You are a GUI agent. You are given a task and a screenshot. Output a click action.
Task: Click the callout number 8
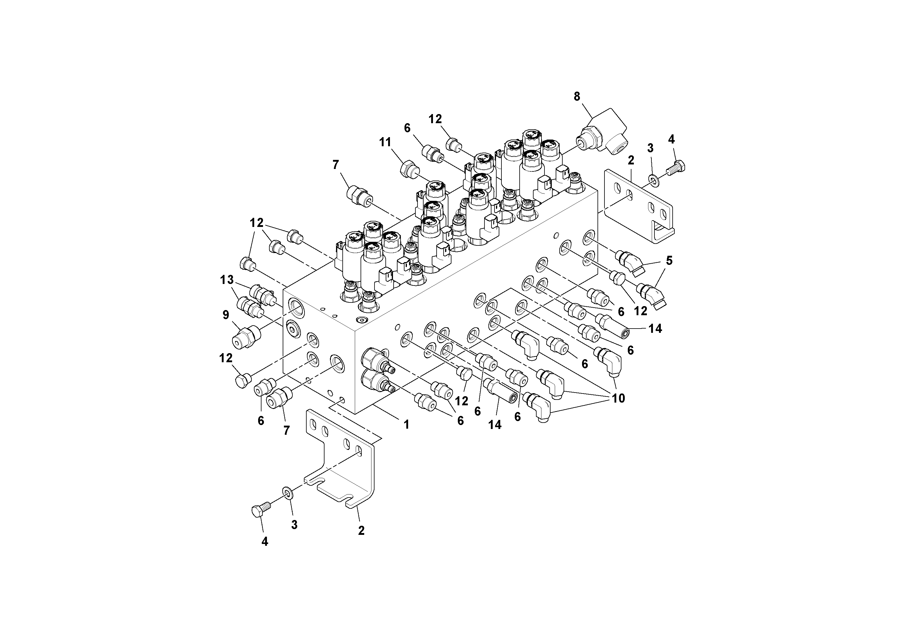tap(577, 96)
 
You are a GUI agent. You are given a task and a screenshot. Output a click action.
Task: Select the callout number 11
tap(385, 142)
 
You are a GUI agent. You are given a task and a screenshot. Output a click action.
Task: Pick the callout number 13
tap(227, 280)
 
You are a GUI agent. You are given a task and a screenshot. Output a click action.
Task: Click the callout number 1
tap(407, 424)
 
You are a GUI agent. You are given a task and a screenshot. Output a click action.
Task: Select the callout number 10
tap(618, 398)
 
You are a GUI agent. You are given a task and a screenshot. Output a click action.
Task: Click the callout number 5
tap(669, 260)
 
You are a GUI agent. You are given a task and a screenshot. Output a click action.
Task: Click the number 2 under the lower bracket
tap(361, 531)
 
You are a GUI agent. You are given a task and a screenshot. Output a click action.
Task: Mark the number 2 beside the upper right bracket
tap(631, 160)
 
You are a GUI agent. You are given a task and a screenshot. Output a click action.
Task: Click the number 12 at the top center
tap(435, 119)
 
